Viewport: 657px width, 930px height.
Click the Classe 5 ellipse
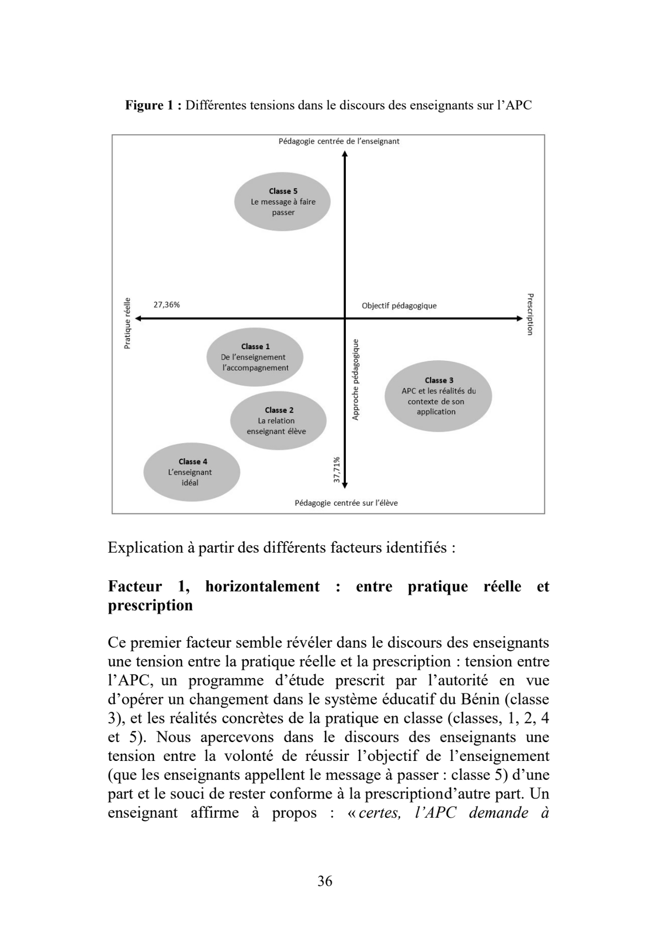click(282, 202)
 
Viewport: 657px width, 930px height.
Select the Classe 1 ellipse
click(255, 357)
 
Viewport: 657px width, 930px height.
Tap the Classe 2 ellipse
click(278, 421)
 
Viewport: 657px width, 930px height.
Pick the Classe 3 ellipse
click(438, 396)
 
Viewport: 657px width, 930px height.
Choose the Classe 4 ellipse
click(192, 472)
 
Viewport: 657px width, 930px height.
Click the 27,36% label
click(166, 304)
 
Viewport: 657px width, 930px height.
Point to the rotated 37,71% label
click(337, 470)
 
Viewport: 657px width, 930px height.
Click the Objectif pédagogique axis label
click(399, 306)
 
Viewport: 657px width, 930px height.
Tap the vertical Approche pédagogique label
click(355, 379)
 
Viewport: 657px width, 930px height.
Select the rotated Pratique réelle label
click(127, 323)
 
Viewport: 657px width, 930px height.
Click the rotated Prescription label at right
click(530, 314)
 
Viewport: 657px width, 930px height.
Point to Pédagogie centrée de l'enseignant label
click(339, 141)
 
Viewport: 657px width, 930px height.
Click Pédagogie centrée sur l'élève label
click(346, 503)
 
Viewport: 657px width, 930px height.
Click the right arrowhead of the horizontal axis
click(519, 318)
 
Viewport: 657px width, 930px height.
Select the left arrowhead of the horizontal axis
click(138, 318)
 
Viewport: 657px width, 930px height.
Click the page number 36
click(325, 881)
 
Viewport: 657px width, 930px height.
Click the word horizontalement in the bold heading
click(262, 586)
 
